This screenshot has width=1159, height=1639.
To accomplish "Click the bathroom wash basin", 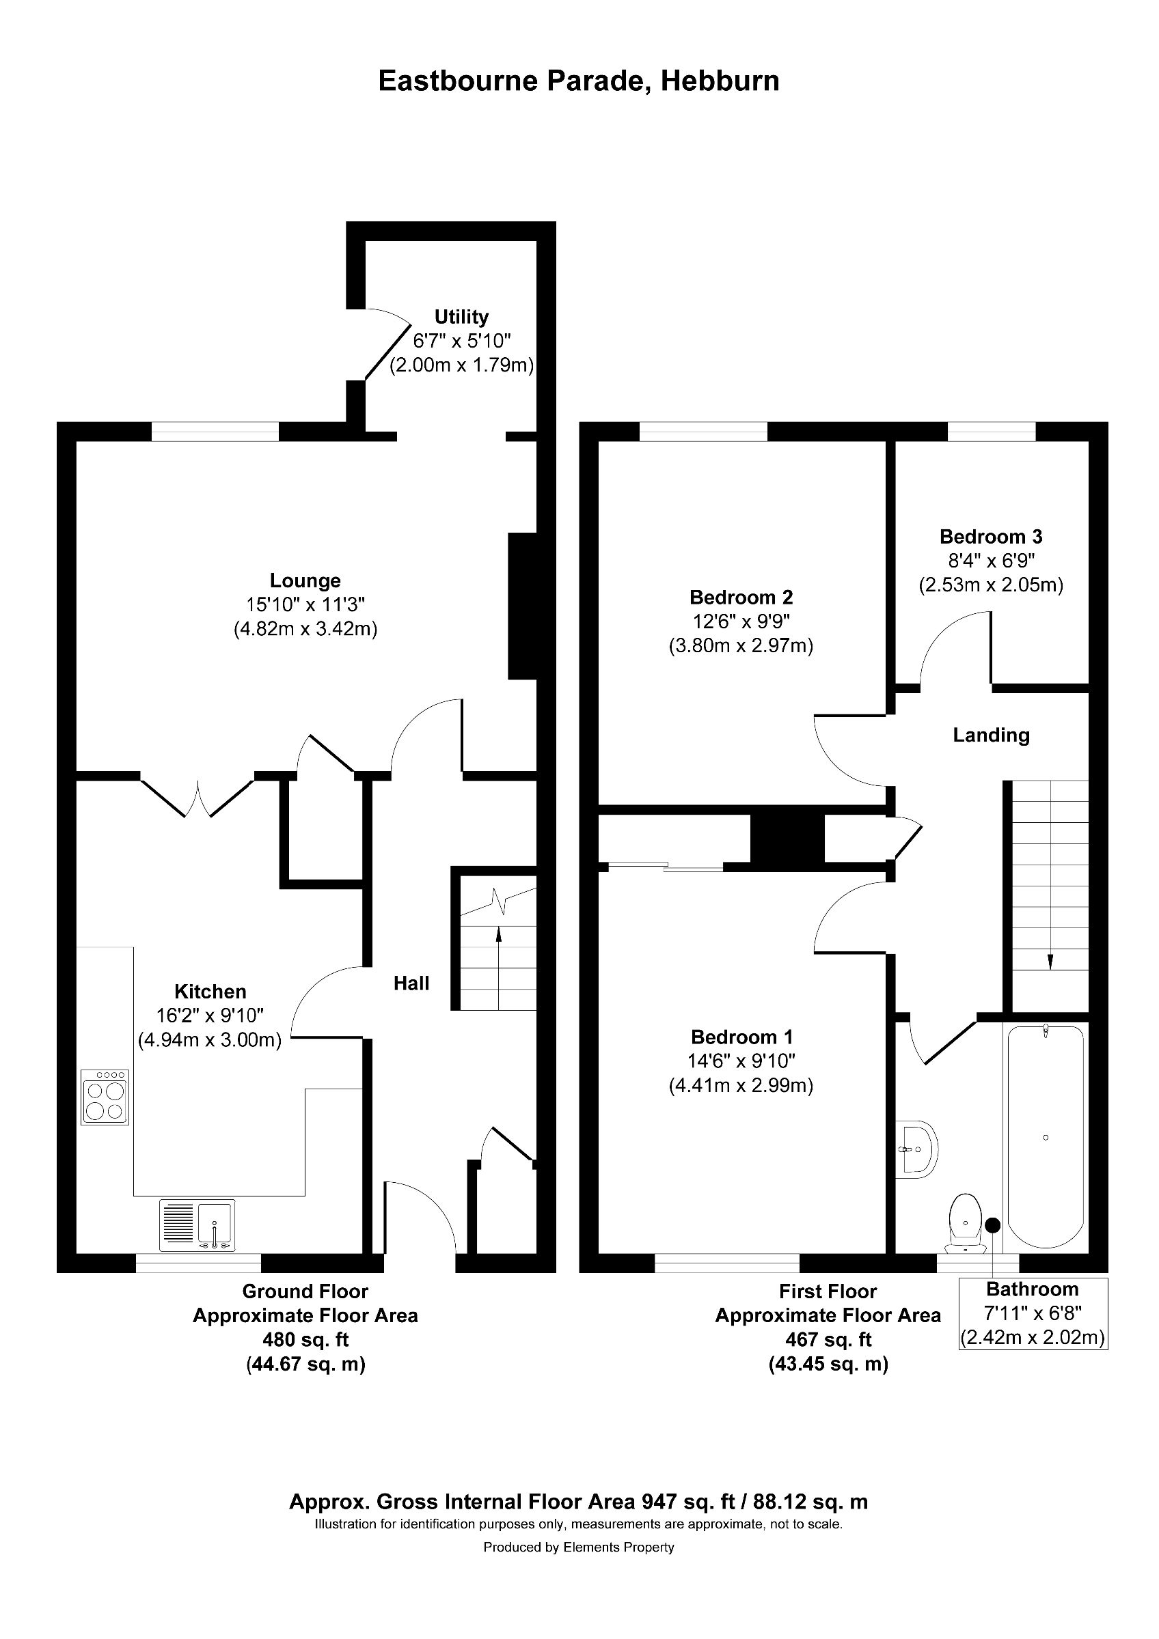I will pos(917,1150).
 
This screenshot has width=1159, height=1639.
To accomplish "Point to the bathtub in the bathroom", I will pos(1046,1136).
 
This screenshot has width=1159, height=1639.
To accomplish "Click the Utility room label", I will pos(461,316).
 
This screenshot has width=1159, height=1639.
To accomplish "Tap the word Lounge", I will pos(305,580).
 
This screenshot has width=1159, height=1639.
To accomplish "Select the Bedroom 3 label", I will pos(990,536).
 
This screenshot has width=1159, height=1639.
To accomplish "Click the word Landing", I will pos(991,736).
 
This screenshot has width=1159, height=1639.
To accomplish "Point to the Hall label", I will pos(411,983).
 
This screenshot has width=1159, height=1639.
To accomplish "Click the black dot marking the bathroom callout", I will pos(993,1224).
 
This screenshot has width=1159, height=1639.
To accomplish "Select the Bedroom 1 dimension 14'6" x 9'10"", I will pos(741,1061).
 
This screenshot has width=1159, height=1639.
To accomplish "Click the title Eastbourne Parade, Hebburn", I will pos(578,81).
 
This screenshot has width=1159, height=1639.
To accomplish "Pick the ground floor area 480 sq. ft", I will pos(305,1340).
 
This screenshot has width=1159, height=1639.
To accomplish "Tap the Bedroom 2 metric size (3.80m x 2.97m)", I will pos(741,646).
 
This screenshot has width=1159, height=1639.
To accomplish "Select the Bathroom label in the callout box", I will pos(1032,1289).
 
